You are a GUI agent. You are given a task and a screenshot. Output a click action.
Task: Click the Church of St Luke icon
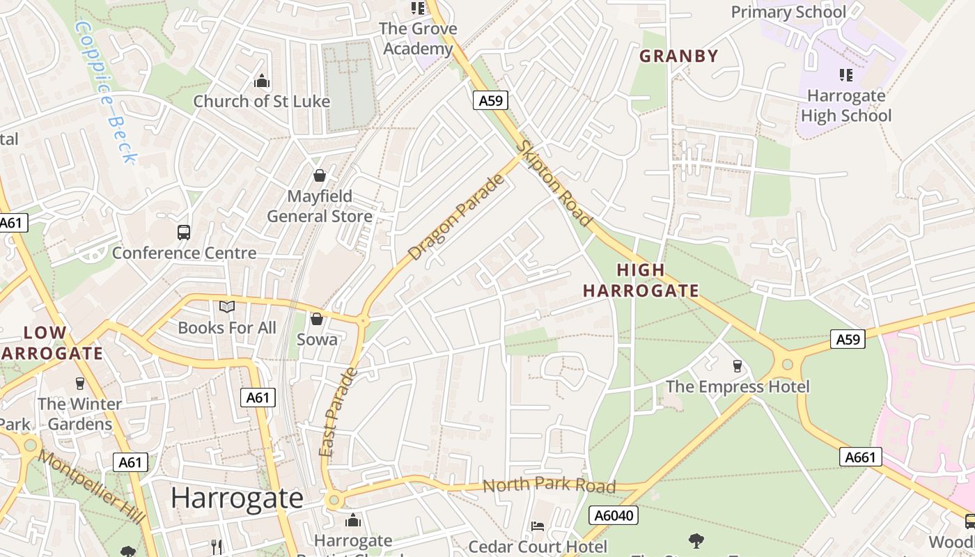pos(262,81)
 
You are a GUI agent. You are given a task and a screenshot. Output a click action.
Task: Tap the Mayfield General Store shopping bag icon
pos(319,175)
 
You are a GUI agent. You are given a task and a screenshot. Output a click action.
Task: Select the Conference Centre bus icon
pos(184,233)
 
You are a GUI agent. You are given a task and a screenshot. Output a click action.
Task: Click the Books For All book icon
pos(227,306)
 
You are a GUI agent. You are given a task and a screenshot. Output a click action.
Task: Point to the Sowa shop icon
pos(317,319)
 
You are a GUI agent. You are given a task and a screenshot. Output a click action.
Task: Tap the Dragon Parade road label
pos(456,218)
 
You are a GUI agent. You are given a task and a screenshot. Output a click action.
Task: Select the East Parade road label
pos(338,412)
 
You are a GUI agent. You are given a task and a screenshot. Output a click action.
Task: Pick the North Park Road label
pos(549,486)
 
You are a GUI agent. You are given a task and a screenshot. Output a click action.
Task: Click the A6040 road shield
pos(614,515)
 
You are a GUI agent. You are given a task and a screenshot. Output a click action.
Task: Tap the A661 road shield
pos(861,457)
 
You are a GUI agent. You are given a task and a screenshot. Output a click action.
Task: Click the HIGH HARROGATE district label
pos(641,280)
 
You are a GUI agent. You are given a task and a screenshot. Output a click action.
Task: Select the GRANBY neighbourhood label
pos(678,56)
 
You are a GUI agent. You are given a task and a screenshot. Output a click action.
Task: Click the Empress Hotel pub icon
pos(738,366)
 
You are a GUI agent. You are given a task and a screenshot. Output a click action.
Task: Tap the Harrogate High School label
pos(845,105)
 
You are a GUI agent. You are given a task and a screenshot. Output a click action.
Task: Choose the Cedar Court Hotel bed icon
pos(538,526)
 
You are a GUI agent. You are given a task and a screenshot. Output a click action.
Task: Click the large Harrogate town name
pos(237,499)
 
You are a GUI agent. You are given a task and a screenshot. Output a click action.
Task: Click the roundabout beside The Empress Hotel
pos(788,364)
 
